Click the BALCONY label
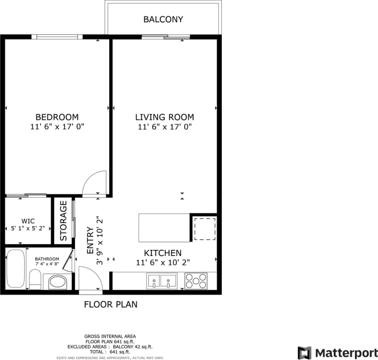tap(163, 19)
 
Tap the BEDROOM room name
tap(57, 117)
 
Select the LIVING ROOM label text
tap(164, 117)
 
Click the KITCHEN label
tap(163, 253)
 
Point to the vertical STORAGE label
tap(64, 221)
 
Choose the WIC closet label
tap(28, 221)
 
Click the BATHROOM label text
tap(47, 259)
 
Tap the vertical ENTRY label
tap(90, 241)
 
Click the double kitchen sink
tap(163, 281)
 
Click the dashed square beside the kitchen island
tap(205, 228)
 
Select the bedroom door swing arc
tap(95, 183)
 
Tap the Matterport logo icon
tap(304, 353)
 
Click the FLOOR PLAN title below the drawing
tap(110, 305)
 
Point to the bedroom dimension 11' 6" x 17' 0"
tap(57, 127)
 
